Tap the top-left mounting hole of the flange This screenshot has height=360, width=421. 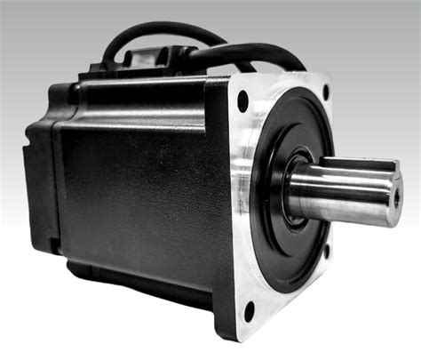(x=242, y=101)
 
